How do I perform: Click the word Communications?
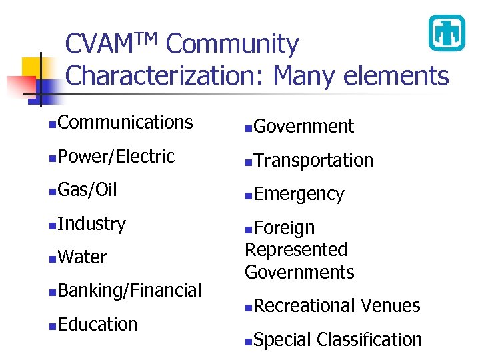(125, 123)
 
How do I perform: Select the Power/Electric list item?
(116, 157)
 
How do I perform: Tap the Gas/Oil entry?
(87, 190)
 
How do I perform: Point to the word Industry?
(91, 224)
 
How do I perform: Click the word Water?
(82, 257)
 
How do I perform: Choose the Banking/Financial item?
(129, 291)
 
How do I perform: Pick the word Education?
(97, 325)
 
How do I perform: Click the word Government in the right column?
(304, 127)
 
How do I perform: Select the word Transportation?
(313, 161)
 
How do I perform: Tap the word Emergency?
(299, 195)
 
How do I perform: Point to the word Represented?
(296, 250)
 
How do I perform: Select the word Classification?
(369, 340)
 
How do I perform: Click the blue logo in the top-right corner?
(446, 33)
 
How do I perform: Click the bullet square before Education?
(52, 327)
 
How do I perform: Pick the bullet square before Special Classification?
(248, 342)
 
